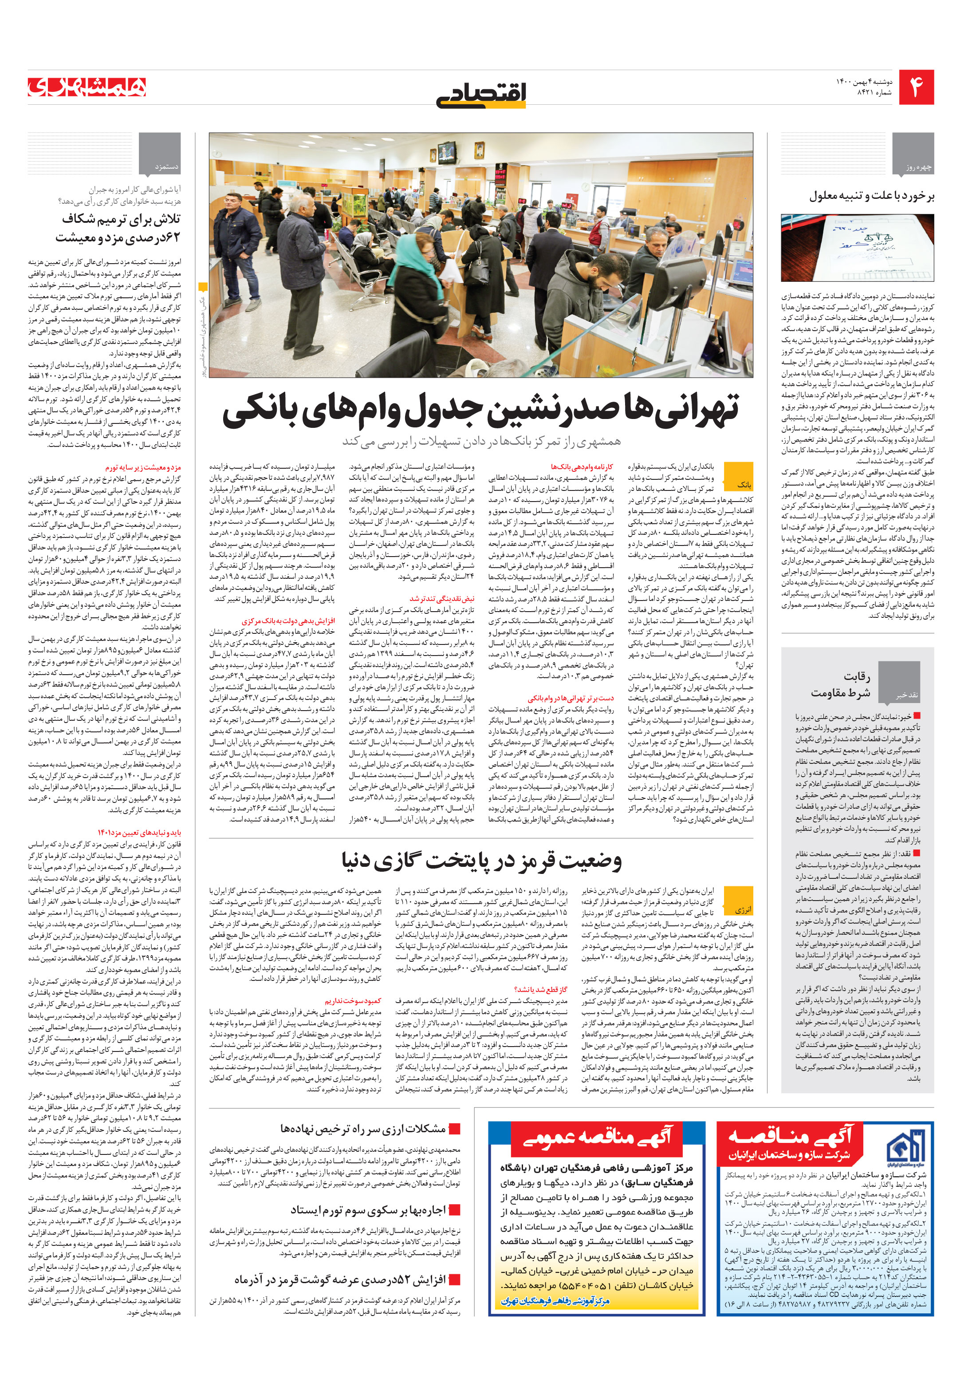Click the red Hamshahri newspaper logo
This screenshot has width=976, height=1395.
pyautogui.click(x=87, y=87)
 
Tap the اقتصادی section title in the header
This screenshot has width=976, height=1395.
pyautogui.click(x=482, y=94)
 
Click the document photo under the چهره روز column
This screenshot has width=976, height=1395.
pyautogui.click(x=857, y=247)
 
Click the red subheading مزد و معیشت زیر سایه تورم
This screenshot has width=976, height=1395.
pyautogui.click(x=143, y=467)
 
